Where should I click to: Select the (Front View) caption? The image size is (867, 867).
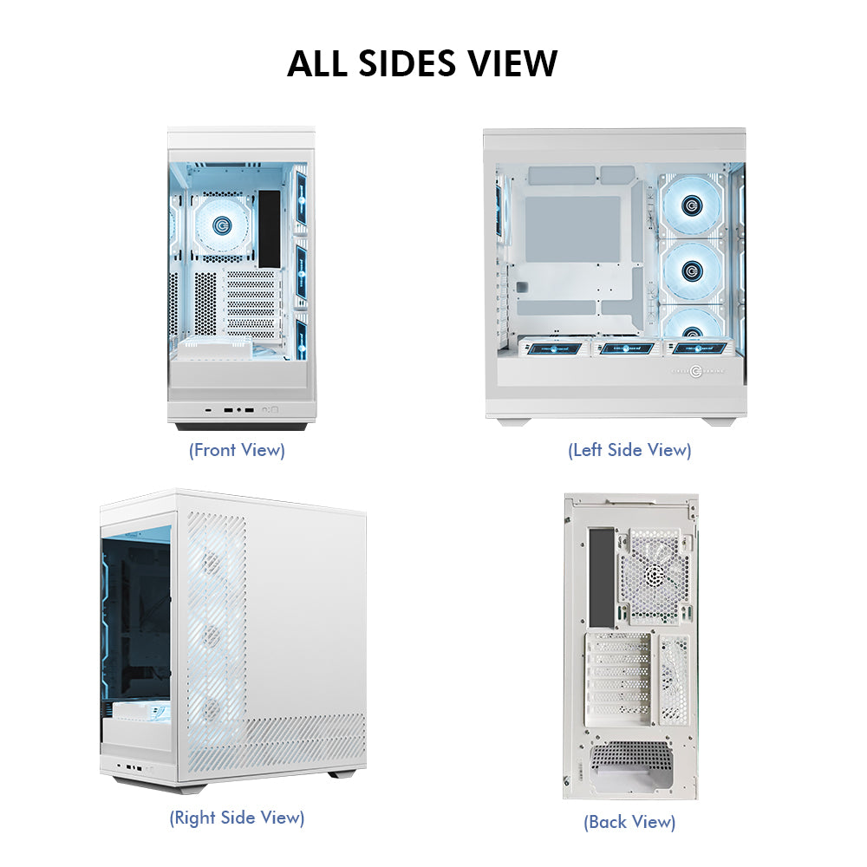tap(237, 450)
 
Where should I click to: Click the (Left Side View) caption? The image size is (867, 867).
tap(629, 450)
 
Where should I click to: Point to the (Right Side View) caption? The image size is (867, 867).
tap(237, 817)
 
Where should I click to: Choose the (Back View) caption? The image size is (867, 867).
tap(629, 821)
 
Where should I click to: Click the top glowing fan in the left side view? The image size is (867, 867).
tap(690, 205)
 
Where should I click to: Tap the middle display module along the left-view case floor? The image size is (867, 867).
tap(620, 348)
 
